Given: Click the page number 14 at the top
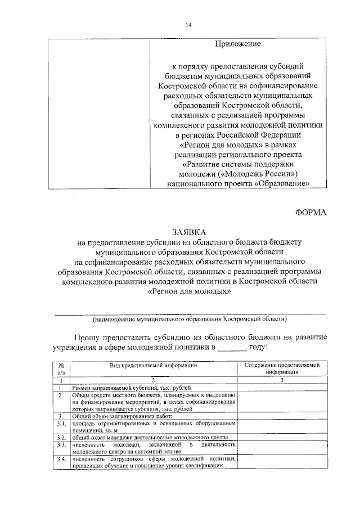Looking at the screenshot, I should pos(188,25).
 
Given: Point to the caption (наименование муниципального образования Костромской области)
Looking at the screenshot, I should pos(190,319).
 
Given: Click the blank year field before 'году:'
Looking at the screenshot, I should pos(232,348).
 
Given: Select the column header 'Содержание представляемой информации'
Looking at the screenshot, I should pos(282,368).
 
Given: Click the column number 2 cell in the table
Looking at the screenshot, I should pos(152,380).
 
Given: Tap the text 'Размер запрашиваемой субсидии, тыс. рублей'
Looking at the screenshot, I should pos(132,388).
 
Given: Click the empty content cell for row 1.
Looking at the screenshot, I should pos(282,388).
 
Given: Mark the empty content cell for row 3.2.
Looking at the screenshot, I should pos(282,437).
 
